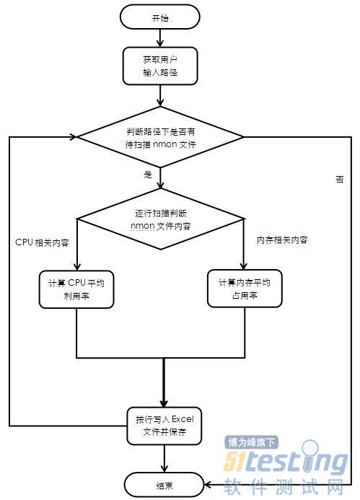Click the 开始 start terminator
point(159,17)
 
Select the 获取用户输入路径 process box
point(160,66)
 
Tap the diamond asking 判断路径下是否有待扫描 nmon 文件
point(160,137)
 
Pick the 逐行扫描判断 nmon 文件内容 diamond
point(160,219)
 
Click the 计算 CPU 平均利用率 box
point(76,289)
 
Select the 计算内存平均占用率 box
point(245,289)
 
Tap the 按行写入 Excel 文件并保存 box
point(164,426)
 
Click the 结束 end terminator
point(164,486)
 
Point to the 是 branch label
point(148,175)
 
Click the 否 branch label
point(340,179)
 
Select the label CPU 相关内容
point(42,242)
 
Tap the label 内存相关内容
point(282,240)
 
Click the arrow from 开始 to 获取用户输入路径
point(160,38)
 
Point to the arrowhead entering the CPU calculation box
point(77,266)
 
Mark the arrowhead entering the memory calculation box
point(244,266)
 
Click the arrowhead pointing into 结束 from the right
point(208,485)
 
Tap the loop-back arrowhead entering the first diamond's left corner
point(74,137)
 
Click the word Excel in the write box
point(183,419)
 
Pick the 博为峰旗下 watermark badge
point(252,442)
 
